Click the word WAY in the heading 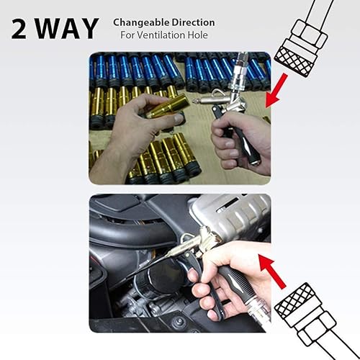coord(68,28)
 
